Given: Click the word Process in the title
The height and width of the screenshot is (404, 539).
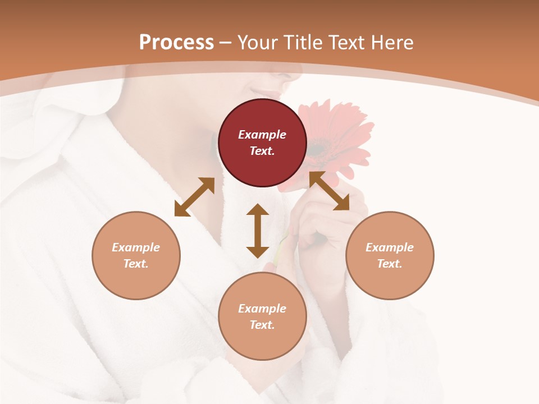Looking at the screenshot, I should tap(176, 43).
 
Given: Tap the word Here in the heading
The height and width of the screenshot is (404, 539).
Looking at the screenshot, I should tap(390, 43).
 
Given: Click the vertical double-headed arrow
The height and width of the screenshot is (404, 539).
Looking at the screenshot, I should tap(258, 231).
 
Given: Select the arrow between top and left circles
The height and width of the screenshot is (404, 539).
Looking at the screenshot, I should tap(194, 197).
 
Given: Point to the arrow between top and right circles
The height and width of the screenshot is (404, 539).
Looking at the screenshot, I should tap(329, 191).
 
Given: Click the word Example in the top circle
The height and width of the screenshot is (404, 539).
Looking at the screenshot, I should tap(262, 135).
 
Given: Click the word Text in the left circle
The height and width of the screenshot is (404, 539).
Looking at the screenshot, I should tap(136, 264).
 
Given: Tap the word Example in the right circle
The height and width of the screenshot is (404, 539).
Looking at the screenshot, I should tap(390, 247).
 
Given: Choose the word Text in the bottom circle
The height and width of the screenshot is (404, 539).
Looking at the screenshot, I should tap(262, 325).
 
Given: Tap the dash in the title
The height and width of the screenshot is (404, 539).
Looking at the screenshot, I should tap(226, 43).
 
